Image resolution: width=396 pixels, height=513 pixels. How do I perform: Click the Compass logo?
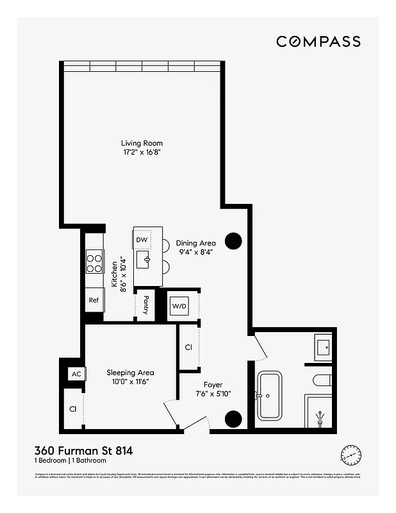coord(318,42)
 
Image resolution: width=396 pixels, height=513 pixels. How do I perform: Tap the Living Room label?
coord(142,144)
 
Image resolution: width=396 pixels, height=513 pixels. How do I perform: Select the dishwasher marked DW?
coord(142,240)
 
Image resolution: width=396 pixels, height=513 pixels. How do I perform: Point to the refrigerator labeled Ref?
coord(94,299)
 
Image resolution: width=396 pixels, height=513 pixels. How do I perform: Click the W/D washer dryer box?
coord(179,307)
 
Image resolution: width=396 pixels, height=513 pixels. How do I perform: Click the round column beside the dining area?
coord(233,240)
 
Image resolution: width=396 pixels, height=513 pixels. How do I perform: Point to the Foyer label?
coord(213,385)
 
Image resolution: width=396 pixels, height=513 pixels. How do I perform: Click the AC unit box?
coord(76,374)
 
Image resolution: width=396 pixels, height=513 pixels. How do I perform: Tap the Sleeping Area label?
coord(130,373)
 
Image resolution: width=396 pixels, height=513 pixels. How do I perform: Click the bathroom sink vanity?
coord(323,348)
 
